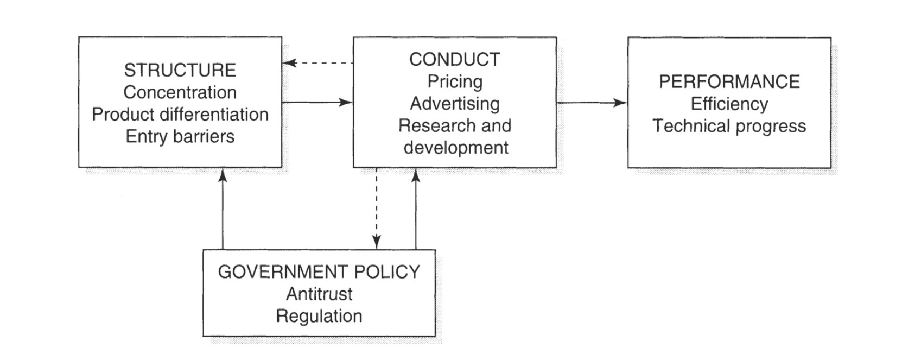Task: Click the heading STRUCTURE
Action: pos(180,70)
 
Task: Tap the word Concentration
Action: pos(180,92)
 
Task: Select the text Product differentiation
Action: pos(180,115)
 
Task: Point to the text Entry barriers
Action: pos(180,136)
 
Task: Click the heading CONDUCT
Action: pos(454,59)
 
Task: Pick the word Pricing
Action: pos(454,81)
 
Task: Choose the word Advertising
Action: pos(454,104)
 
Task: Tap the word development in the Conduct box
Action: pos(455,148)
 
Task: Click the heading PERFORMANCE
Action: pos(729,81)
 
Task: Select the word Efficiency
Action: pos(729,104)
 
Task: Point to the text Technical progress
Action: pos(729,126)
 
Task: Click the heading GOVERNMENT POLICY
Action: pos(319,271)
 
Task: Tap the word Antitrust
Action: pos(319,294)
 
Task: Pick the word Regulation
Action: pos(319,316)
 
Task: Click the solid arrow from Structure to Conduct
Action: pos(317,102)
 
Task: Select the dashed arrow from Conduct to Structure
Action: pos(317,63)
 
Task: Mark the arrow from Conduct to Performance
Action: pos(592,102)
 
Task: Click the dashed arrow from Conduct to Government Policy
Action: pos(376,209)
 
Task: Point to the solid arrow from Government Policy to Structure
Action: pos(223,209)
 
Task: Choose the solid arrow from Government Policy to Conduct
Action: pos(416,209)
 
